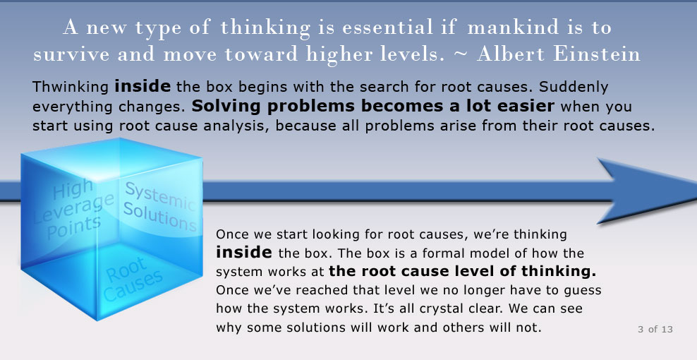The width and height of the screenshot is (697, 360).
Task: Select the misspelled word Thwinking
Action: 71,87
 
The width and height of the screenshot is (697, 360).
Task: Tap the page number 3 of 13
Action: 655,330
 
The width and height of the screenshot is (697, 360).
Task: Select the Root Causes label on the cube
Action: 132,279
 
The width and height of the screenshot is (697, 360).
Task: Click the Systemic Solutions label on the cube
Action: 159,207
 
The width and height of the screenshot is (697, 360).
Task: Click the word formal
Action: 446,253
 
